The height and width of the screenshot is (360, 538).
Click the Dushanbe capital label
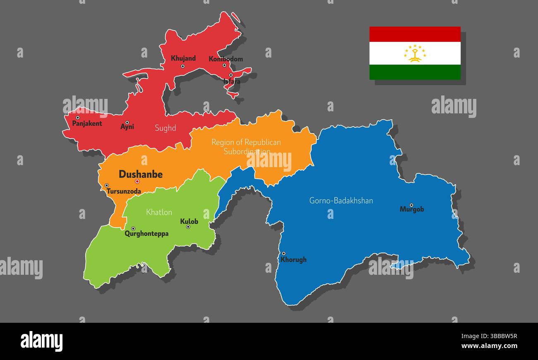tap(140, 174)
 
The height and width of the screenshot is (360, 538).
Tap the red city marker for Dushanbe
tap(137, 182)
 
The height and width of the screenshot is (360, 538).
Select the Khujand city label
tap(183, 58)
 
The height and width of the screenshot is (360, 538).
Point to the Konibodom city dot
tap(224, 65)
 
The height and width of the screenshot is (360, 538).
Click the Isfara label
tap(232, 82)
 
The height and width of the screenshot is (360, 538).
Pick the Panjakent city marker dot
tap(77, 118)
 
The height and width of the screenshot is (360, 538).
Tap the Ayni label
tap(127, 127)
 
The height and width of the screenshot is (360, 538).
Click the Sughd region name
tap(165, 128)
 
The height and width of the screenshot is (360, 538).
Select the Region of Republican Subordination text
tap(246, 147)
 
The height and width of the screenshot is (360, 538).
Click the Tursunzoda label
tap(124, 192)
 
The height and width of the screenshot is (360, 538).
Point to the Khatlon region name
tap(159, 212)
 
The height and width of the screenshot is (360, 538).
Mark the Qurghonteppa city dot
tap(133, 228)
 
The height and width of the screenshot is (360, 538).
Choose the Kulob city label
tap(189, 221)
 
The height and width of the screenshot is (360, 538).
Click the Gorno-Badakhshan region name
tap(341, 201)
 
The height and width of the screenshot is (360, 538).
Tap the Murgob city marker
tap(411, 205)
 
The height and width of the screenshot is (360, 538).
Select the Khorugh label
tap(293, 260)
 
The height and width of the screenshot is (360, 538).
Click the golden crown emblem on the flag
tap(415, 54)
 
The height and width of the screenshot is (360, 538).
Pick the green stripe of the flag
tap(415, 72)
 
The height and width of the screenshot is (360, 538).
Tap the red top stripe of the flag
tap(415, 34)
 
